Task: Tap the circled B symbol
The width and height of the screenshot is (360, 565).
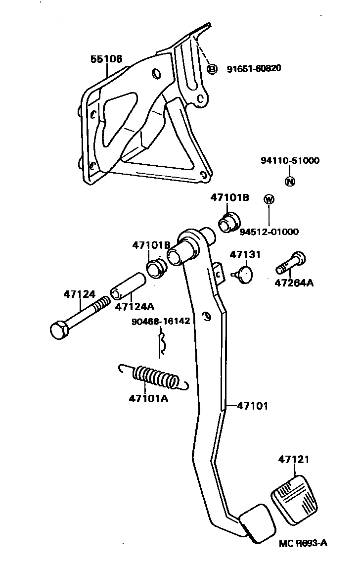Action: click(212, 69)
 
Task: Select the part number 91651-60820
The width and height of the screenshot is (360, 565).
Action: click(254, 69)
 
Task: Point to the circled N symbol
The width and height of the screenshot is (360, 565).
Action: click(290, 182)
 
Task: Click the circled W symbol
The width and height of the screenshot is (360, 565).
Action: click(269, 199)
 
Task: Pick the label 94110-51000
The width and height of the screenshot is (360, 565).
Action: click(290, 160)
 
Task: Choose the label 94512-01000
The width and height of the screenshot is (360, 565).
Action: click(269, 232)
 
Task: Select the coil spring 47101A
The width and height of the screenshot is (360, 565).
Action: click(155, 378)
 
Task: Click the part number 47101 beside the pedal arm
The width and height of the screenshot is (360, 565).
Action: click(252, 406)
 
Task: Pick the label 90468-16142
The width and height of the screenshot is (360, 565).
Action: click(161, 321)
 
